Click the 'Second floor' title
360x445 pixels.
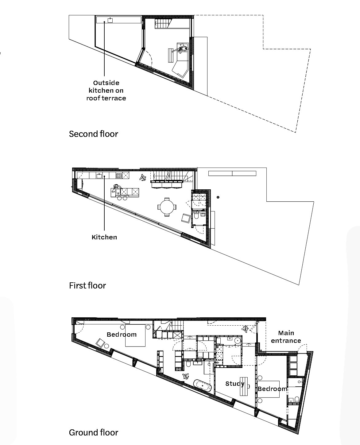click(93, 134)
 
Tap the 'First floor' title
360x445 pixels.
click(87, 286)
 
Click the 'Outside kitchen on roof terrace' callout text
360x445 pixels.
click(106, 91)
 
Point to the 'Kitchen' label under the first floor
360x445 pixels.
click(104, 237)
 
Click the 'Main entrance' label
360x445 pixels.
click(286, 337)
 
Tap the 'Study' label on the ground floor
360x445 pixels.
click(235, 384)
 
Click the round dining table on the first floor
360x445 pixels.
click(167, 207)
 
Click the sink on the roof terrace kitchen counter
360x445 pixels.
click(110, 20)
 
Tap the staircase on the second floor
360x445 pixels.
click(163, 23)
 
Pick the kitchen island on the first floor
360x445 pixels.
click(125, 192)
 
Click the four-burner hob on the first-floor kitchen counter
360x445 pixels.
click(119, 176)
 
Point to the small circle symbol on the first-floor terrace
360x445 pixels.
click(218, 197)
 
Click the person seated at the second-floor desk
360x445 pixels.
click(183, 49)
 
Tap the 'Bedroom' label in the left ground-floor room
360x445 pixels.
click(122, 335)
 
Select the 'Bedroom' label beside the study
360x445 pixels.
click(273, 389)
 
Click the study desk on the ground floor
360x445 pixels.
click(244, 386)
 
